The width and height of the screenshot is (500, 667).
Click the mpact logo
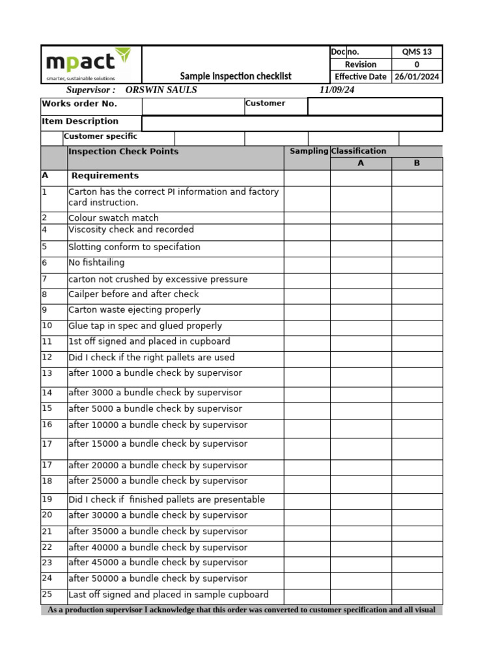click(88, 64)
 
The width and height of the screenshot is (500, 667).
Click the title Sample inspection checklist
click(236, 76)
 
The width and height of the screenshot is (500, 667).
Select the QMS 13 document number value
click(417, 52)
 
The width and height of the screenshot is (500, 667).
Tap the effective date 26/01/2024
click(417, 77)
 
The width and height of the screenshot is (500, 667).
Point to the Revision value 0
click(417, 64)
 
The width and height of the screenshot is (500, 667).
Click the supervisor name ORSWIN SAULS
click(161, 90)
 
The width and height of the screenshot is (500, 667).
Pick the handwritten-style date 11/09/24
click(337, 90)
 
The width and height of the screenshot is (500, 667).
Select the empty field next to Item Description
click(292, 123)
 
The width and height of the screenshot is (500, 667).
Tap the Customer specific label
click(100, 137)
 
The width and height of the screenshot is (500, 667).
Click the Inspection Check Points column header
click(123, 152)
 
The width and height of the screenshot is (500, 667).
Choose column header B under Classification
click(417, 163)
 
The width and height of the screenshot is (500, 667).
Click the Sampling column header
click(309, 151)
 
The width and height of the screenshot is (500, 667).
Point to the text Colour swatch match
click(113, 218)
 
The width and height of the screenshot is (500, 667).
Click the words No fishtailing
click(96, 263)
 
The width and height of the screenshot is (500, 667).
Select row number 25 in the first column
click(47, 594)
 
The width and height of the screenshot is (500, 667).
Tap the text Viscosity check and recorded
click(131, 230)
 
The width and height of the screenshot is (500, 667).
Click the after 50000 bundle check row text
click(158, 578)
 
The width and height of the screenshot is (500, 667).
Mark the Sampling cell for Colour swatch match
click(307, 218)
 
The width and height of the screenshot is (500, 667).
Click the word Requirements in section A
click(105, 176)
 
